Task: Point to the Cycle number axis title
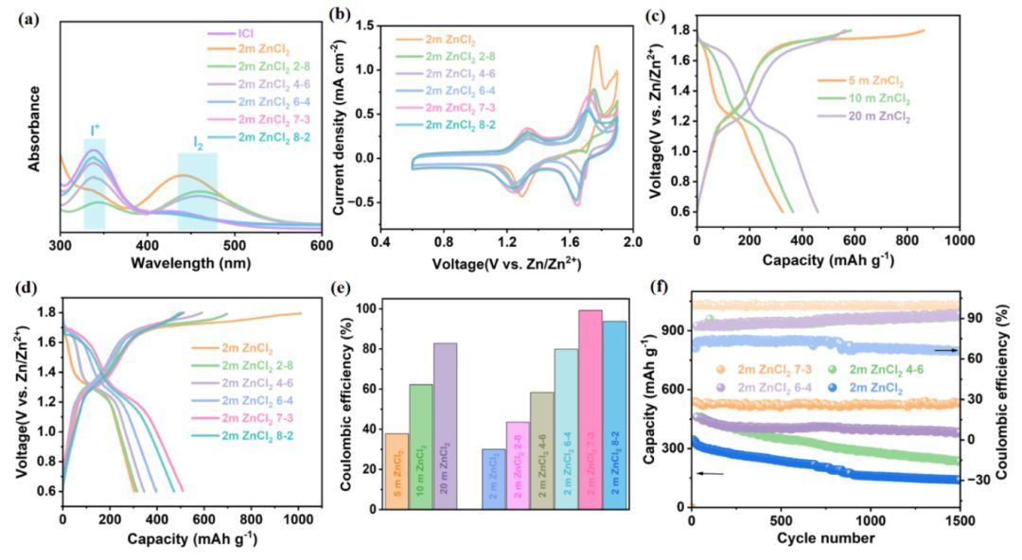[825, 539]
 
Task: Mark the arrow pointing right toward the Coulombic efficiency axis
[945, 350]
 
